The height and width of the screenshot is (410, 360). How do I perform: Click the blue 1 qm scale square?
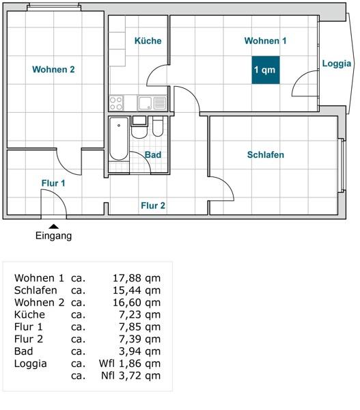click(265, 70)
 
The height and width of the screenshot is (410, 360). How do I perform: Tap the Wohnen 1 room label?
click(265, 41)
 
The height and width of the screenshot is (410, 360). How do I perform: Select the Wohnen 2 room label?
click(53, 69)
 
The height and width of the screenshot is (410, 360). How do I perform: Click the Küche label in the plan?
click(148, 41)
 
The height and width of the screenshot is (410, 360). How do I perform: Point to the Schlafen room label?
click(265, 155)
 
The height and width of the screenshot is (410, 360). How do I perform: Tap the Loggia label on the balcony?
click(337, 64)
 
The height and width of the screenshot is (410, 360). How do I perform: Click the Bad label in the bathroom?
click(153, 155)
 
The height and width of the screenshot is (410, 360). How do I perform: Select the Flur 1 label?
click(53, 183)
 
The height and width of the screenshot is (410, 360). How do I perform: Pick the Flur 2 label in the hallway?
click(153, 205)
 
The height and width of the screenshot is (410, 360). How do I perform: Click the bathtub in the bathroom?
click(119, 139)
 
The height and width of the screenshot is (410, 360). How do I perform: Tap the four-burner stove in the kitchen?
click(116, 103)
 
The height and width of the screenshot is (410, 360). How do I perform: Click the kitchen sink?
click(146, 103)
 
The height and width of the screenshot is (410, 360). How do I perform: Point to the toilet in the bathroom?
click(158, 129)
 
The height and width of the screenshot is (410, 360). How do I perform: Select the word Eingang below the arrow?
click(53, 236)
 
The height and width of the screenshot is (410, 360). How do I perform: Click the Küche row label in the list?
click(29, 315)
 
